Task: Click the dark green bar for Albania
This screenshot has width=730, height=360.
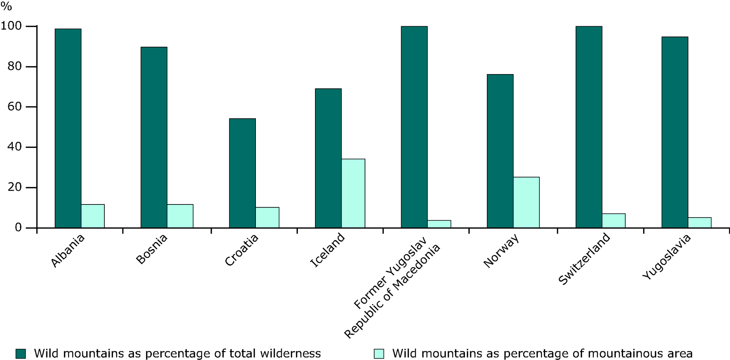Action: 68,128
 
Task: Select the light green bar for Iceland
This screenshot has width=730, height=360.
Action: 353,193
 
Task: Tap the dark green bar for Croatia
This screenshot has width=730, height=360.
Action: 242,173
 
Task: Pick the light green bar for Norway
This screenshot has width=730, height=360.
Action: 526,202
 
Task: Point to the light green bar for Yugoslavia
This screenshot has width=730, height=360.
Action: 699,222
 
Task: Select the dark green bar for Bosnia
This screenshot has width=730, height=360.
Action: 154,137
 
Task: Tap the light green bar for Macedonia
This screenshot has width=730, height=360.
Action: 439,224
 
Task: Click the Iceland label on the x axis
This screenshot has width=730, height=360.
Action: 327,250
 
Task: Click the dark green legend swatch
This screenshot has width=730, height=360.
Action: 21,353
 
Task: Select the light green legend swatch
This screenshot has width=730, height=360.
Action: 379,353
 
